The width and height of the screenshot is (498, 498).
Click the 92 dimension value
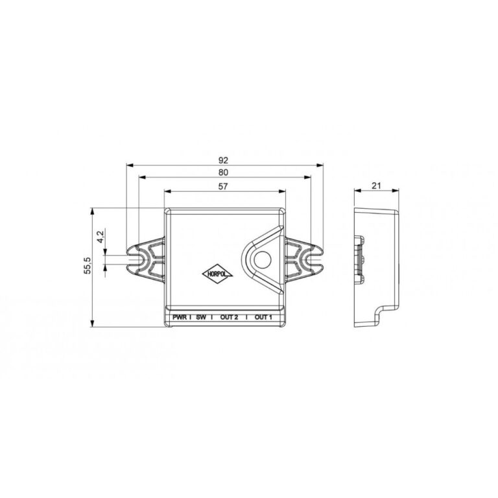tap(223, 160)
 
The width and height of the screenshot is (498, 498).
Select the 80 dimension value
tap(223, 172)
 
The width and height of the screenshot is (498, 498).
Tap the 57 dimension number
tap(223, 186)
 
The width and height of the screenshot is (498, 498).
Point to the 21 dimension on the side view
tap(376, 185)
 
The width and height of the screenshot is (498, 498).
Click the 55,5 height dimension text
tap(88, 265)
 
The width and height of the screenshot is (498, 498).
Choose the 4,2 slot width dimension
tap(101, 237)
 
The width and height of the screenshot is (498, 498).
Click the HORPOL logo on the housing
tap(218, 274)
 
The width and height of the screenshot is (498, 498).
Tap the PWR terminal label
tap(180, 317)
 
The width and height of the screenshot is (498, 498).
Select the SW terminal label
tap(201, 317)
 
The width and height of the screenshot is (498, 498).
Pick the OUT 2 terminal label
tap(229, 317)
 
